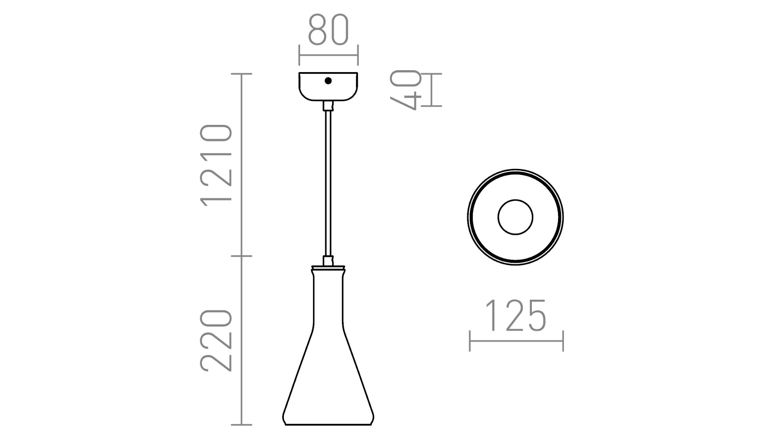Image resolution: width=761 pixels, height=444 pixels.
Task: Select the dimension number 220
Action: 216,341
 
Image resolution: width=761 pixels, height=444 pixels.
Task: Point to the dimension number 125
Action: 516,316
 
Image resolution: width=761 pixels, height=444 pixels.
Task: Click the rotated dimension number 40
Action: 405,90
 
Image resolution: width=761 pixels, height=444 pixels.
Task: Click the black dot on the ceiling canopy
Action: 328,81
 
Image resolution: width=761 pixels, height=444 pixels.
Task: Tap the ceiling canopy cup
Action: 328,86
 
